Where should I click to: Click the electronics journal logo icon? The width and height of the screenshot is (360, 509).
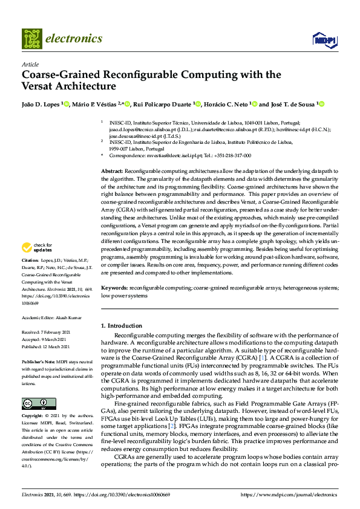[x=33, y=39]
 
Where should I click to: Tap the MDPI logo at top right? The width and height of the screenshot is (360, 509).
[x=325, y=40]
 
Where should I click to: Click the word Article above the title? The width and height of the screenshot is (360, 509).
[x=30, y=65]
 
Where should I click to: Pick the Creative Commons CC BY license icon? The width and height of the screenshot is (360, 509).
[x=34, y=404]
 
